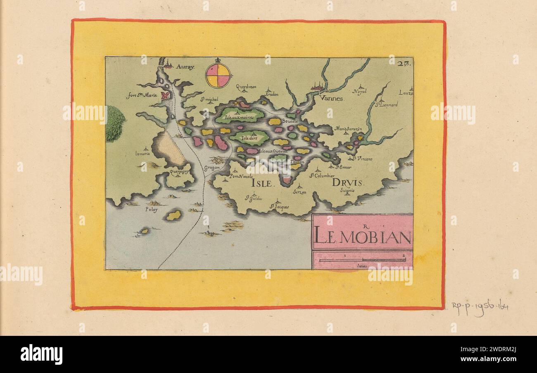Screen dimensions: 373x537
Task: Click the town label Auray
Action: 185,66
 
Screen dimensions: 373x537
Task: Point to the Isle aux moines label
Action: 239,117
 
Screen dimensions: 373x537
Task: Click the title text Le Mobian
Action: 362,237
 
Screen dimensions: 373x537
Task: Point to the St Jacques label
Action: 280,207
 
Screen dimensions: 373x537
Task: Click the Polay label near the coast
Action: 151,210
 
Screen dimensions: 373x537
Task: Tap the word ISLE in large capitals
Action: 261,184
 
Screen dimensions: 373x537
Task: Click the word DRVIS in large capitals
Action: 347,183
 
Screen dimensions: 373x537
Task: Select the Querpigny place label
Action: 178,169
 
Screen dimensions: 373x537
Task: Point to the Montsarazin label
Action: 348,129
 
